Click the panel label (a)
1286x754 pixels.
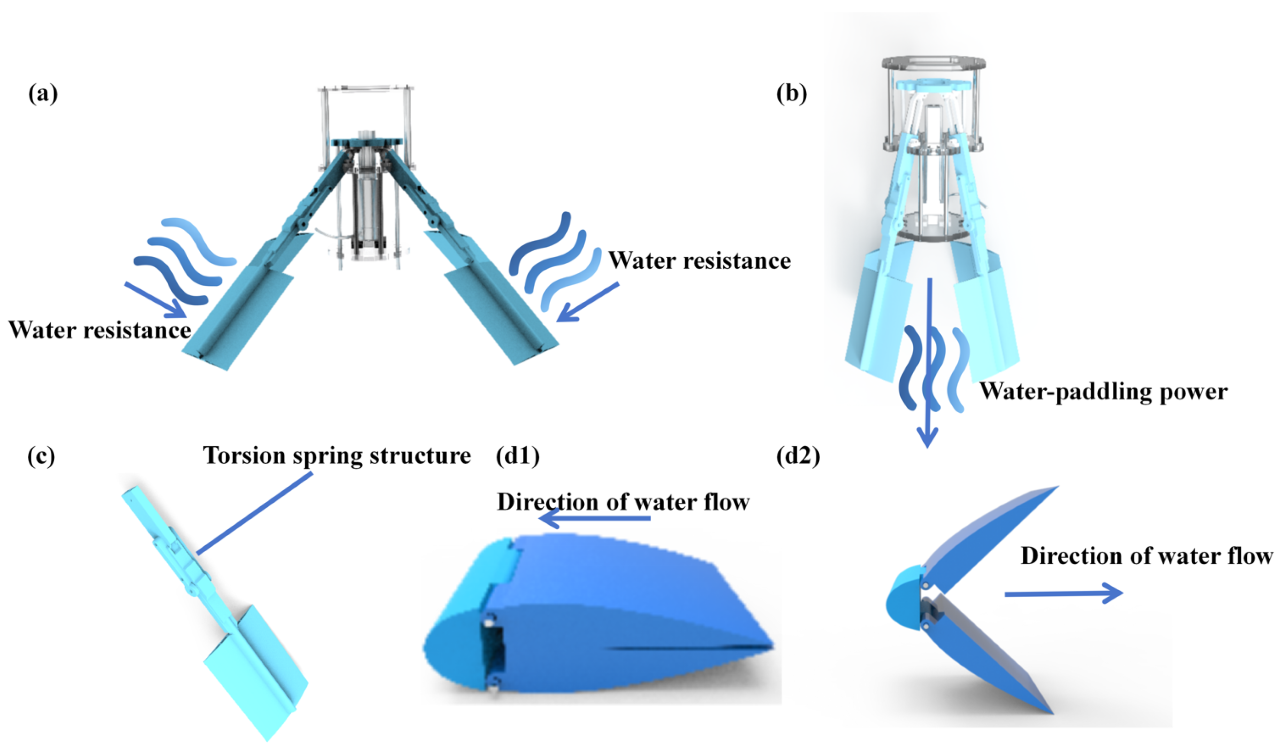pos(43,95)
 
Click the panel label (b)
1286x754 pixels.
pos(791,95)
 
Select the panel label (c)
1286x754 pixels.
pos(41,456)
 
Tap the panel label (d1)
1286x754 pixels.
pos(517,456)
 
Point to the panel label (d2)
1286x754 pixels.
pos(798,456)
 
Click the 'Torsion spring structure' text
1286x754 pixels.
pos(337,455)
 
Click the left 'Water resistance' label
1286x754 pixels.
pos(99,330)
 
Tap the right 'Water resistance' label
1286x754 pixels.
pos(699,260)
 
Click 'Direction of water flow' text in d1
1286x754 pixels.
pos(623,502)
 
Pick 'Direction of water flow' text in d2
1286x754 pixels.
pos(1146,556)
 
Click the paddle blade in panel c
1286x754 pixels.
pos(255,669)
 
